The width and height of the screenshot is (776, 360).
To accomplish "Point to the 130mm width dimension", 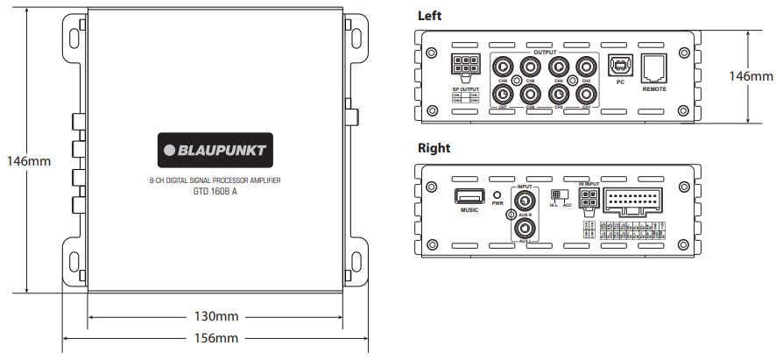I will tap(215, 315).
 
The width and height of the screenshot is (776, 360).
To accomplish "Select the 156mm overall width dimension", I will tap(215, 338).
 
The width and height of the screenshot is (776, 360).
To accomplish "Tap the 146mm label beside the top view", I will tap(28, 161).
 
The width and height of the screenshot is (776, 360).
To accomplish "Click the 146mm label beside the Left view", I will tap(751, 76).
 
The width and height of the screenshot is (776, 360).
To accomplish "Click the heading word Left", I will tap(430, 15).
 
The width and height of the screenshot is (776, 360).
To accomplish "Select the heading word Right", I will tap(434, 148).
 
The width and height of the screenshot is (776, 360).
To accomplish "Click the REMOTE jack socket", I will tap(654, 67).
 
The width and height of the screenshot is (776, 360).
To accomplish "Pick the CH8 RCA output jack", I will tap(504, 66).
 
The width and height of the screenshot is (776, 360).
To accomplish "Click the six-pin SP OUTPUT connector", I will tap(464, 67).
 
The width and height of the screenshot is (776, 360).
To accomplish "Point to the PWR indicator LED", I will tap(497, 195).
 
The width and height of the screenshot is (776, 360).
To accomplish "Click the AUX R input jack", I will tap(525, 201).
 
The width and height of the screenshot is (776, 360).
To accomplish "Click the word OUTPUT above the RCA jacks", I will tap(545, 53).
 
